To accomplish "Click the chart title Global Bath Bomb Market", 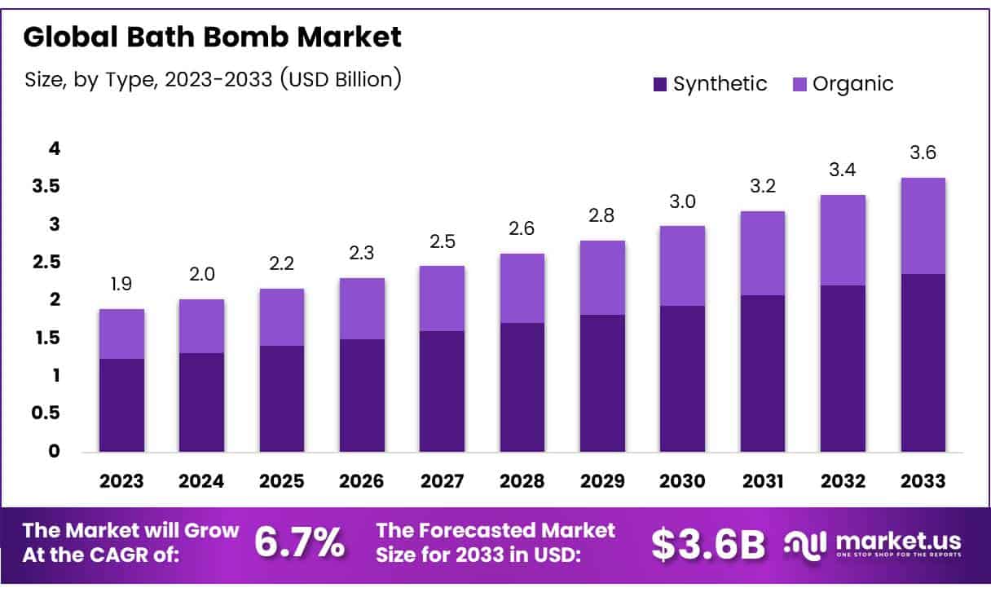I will click(212, 37).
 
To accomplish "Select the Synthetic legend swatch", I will click(660, 84).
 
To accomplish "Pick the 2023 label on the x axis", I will click(121, 481).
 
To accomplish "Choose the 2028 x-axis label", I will click(522, 481).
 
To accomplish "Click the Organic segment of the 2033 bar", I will click(923, 226).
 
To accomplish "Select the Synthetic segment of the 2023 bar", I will click(121, 405).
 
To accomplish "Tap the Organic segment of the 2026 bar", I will click(362, 309).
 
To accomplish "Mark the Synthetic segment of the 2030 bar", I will click(682, 379).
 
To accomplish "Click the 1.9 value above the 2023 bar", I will click(121, 285).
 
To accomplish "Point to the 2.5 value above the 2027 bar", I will click(442, 241).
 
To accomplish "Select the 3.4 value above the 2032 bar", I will click(843, 170).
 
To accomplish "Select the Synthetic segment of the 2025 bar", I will click(282, 399).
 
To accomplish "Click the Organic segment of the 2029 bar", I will click(602, 278).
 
